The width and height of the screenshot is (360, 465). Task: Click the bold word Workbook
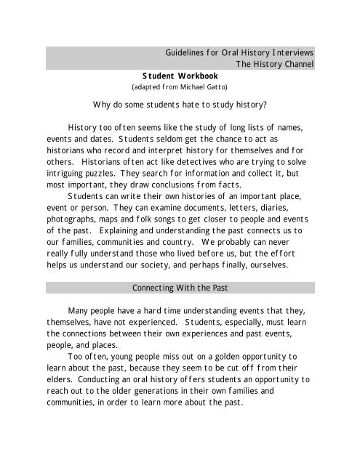[186, 76]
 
